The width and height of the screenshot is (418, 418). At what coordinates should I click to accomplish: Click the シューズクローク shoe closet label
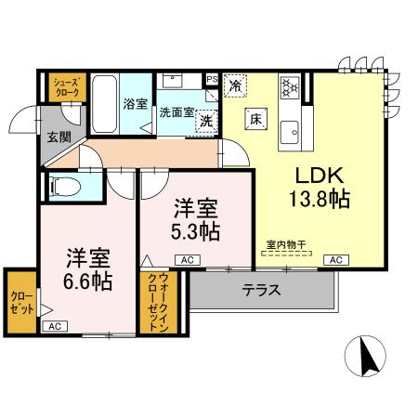coord(64,86)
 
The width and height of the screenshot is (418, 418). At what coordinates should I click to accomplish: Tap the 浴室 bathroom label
coord(135,104)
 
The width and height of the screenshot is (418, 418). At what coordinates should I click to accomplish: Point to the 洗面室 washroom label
coord(175,112)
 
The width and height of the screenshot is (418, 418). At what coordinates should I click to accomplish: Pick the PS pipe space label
coord(212,80)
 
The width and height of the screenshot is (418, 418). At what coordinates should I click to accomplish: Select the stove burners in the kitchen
coord(290,86)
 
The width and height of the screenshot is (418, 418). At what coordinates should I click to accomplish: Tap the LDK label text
coord(320,176)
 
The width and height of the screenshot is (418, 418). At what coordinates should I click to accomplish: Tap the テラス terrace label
coord(262,289)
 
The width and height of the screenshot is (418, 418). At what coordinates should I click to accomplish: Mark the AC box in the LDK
coord(334,260)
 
